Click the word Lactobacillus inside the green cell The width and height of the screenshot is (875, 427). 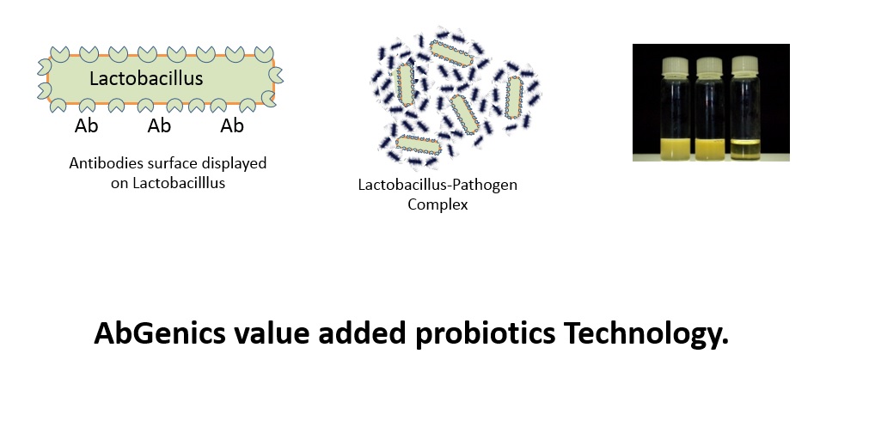click(146, 78)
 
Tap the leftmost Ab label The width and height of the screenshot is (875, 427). click(86, 126)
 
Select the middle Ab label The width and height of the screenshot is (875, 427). click(159, 126)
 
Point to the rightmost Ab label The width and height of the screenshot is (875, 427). click(232, 126)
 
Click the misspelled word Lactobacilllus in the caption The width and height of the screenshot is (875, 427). click(178, 183)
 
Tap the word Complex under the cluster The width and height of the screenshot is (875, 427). click(437, 204)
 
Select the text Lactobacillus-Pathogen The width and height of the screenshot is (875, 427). click(437, 185)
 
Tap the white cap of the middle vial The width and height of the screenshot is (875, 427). click(710, 65)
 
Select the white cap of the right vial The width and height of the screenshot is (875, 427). click(744, 64)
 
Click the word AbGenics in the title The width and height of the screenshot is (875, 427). click(160, 332)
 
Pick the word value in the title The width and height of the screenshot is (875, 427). click(272, 333)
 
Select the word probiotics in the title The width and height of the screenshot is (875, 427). click(485, 334)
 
